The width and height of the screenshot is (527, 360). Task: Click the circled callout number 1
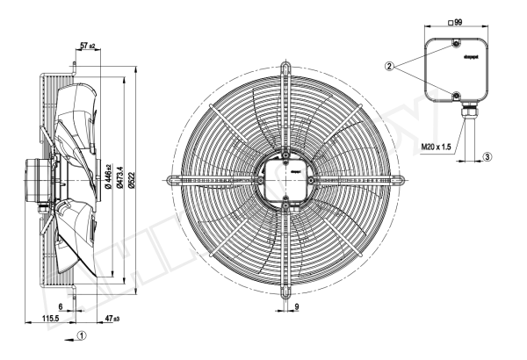point(81,335)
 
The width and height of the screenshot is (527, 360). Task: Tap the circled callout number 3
point(487,156)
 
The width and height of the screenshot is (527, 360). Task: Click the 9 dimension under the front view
point(297,306)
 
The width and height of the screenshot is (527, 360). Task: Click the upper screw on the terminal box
point(455,45)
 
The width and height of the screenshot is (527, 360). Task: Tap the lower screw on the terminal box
point(455,95)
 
